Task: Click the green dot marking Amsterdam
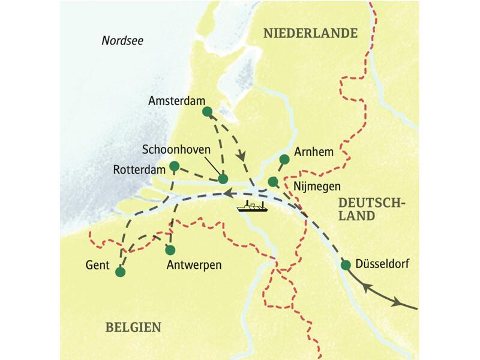click(x=207, y=112)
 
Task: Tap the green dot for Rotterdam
click(x=174, y=166)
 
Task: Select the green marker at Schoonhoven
click(x=223, y=179)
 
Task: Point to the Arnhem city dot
click(x=284, y=159)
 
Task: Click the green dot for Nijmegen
click(x=273, y=181)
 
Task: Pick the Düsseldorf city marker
click(x=346, y=265)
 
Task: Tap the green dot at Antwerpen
click(x=170, y=250)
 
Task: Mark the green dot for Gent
click(x=120, y=272)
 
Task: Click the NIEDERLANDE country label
click(x=310, y=34)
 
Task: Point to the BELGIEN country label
click(x=133, y=327)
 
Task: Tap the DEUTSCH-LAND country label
click(x=370, y=210)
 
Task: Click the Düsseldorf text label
click(x=383, y=262)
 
